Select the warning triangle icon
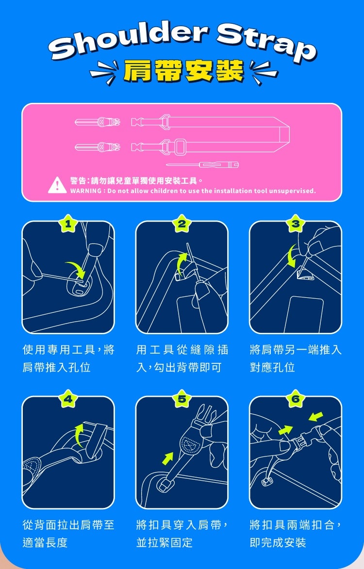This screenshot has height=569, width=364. click(x=57, y=185)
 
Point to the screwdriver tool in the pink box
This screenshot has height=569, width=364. click(x=214, y=165)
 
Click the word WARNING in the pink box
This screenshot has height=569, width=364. click(x=85, y=191)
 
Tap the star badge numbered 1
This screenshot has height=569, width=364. click(x=68, y=224)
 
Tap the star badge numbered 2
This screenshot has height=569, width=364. click(x=182, y=224)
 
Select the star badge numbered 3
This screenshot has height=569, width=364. click(x=296, y=224)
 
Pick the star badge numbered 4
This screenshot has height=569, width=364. click(x=68, y=399)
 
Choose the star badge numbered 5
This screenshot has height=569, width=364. click(x=182, y=399)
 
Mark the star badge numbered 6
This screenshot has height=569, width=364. click(x=296, y=399)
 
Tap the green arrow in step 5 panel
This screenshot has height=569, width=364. click(x=168, y=457)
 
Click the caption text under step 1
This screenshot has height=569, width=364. click(x=68, y=358)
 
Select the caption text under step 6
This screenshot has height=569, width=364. click(x=296, y=534)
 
